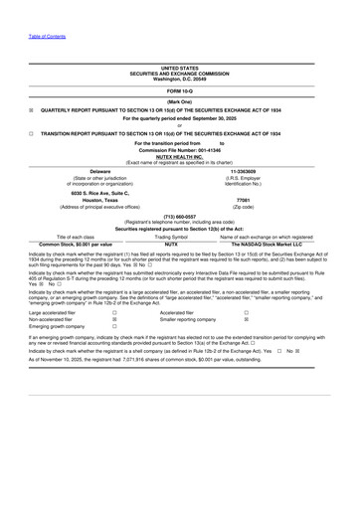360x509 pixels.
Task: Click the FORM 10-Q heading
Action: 180,91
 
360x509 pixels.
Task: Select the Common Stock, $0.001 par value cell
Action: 76,244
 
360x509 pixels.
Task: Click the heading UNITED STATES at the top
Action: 179,69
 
